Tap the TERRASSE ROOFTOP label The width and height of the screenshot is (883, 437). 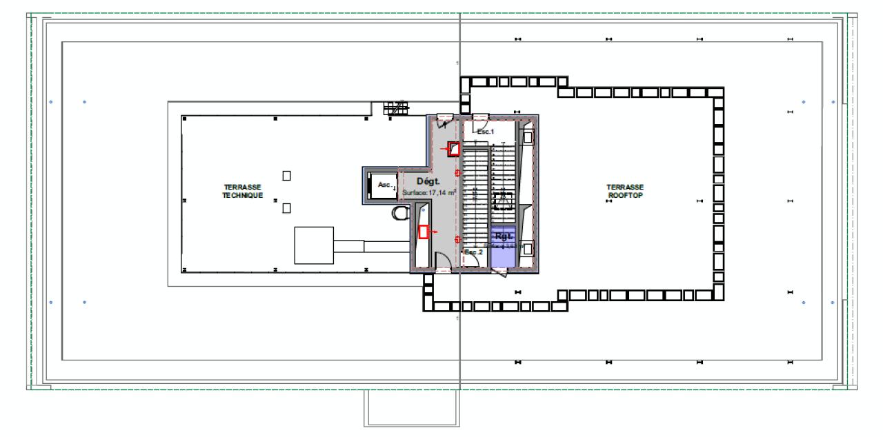point(625,191)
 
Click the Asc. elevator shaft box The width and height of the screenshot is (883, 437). point(383,185)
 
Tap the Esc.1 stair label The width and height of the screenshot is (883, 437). point(486,131)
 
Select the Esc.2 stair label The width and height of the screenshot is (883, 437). point(473,252)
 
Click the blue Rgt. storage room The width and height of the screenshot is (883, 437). point(503,245)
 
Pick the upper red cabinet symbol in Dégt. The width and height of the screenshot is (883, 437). point(453,148)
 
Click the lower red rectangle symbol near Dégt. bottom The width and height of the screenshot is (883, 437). point(424,232)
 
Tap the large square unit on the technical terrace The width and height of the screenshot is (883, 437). point(314,245)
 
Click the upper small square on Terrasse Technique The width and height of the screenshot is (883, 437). point(286,176)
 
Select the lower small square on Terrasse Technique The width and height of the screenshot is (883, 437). point(286,208)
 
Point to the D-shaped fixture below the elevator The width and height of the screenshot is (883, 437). point(398,214)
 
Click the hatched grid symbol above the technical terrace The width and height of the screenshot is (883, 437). point(396,108)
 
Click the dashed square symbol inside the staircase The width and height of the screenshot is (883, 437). point(501,201)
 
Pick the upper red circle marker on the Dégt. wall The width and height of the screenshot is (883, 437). point(457,173)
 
